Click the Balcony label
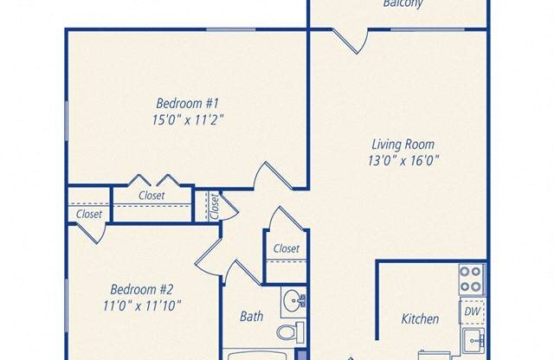pos(403,4)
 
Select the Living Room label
pos(403,145)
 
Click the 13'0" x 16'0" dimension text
pos(403,163)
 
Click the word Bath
pos(251,317)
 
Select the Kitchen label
pos(420,319)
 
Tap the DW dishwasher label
pos(473,311)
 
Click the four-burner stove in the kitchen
pos(471,280)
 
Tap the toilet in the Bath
pos(291,331)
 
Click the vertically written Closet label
pos(214,206)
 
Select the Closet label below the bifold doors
pos(151,196)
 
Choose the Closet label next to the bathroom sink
pos(286,249)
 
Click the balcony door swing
pos(351,40)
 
